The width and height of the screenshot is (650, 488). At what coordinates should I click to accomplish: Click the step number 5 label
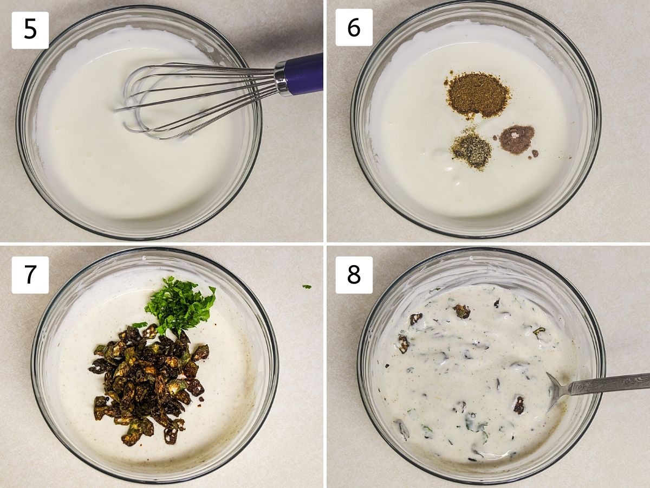[x=30, y=30]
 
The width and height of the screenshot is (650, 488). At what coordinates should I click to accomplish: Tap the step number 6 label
[x=354, y=27]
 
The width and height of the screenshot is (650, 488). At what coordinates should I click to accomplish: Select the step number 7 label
[x=30, y=275]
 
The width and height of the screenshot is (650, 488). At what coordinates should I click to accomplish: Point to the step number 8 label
[x=354, y=275]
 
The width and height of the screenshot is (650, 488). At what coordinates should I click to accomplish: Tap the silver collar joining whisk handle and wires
[x=281, y=79]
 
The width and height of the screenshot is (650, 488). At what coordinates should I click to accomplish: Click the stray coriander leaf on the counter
[x=307, y=286]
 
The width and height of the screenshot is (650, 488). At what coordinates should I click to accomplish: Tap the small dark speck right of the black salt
[x=534, y=153]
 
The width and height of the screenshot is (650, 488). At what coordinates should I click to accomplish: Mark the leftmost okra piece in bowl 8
[x=403, y=344]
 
